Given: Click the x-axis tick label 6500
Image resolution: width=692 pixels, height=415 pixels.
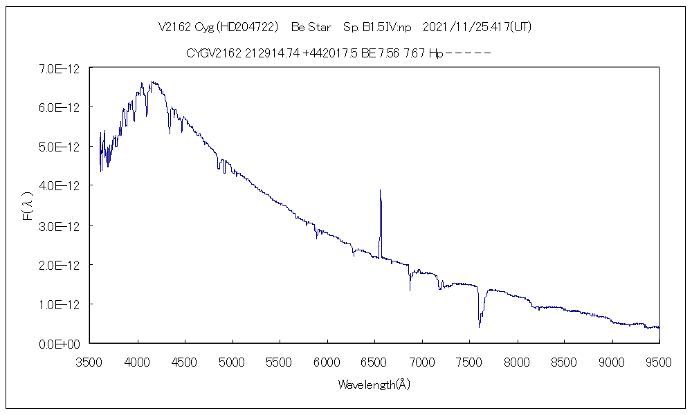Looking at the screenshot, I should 374,360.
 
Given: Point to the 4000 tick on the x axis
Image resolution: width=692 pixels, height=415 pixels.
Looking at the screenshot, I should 138,360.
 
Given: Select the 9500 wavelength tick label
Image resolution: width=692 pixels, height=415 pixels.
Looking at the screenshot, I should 659,360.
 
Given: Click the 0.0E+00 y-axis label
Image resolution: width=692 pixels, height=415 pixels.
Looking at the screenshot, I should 60,344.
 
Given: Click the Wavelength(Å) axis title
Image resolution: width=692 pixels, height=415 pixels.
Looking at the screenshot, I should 374,385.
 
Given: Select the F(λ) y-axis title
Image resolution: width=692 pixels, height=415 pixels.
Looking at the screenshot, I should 28,207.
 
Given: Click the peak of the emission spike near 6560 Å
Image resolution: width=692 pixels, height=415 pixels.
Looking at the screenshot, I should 380,190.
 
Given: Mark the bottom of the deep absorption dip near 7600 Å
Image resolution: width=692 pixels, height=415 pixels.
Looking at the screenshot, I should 479,326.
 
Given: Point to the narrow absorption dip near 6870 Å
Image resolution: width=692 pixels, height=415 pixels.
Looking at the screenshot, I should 410,289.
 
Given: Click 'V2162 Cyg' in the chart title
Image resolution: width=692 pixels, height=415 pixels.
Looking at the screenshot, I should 185,28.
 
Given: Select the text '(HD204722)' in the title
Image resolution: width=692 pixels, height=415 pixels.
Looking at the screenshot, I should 247,28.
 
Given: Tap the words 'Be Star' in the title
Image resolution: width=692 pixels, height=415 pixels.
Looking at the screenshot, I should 311,28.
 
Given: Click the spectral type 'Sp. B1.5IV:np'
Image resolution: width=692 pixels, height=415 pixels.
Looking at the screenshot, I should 376,28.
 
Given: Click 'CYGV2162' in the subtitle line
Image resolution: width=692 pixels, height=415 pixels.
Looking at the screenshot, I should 214,53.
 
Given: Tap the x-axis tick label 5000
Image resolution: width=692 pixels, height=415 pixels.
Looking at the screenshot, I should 233,360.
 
